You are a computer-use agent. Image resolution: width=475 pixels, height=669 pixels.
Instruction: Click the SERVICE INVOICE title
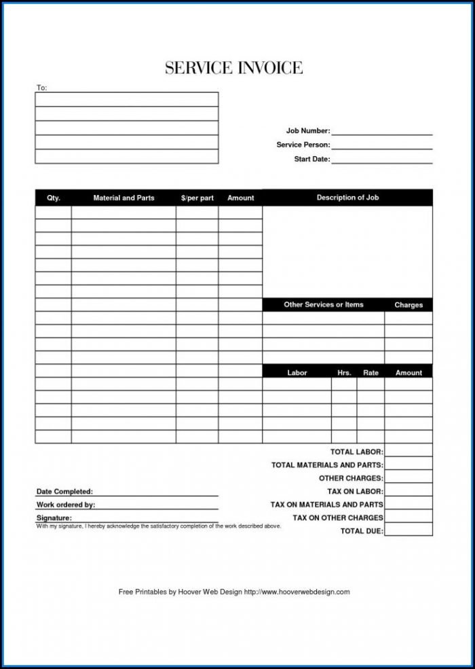coord(233,68)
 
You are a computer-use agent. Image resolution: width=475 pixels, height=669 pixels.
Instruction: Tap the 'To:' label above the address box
coord(41,88)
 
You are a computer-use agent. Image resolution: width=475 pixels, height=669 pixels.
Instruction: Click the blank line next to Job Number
coord(381,132)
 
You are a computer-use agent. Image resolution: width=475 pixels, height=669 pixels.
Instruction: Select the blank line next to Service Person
coord(381,145)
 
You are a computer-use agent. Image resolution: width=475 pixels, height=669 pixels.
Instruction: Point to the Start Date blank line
coord(381,160)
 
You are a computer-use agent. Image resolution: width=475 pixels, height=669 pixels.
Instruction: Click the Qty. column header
coord(54,198)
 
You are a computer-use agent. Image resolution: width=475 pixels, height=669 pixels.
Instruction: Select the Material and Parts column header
coord(123,198)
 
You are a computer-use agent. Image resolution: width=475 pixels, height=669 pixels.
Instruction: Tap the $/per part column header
coord(197,198)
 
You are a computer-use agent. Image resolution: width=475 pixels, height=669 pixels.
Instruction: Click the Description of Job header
coord(347,198)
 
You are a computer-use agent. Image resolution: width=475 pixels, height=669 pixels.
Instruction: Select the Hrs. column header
coord(344,373)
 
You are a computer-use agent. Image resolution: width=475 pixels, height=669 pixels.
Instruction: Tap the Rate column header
coord(370,373)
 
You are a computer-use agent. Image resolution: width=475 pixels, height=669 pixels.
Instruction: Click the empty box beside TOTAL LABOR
coord(408,451)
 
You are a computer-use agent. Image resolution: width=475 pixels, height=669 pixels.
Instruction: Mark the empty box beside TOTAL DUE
coord(408,530)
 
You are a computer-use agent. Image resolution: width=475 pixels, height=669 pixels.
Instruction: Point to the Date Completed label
coord(64,491)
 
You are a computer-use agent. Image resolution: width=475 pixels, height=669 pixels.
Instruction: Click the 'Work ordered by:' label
coord(65,505)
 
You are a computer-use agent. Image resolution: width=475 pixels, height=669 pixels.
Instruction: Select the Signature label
coord(54,518)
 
